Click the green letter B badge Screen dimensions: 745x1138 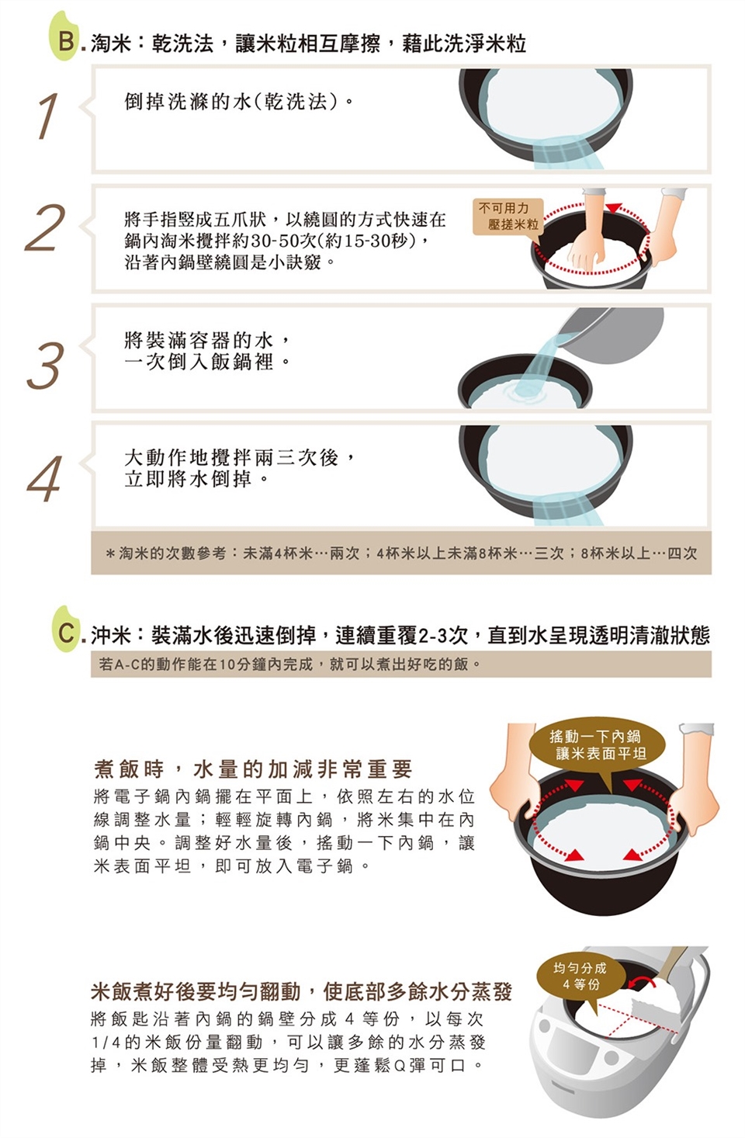pos(64,37)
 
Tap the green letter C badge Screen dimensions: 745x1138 pos(66,630)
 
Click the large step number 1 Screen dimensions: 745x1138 pos(48,116)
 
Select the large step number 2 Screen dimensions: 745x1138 pos(45,227)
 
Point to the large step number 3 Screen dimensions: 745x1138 pos(46,366)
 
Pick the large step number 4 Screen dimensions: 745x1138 pos(45,479)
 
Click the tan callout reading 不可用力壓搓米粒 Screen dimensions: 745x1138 pos(508,217)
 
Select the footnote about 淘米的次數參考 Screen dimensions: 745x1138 pos(401,553)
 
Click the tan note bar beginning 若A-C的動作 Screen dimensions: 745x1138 pos(401,664)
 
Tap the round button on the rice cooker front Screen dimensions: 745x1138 pos(612,1058)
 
